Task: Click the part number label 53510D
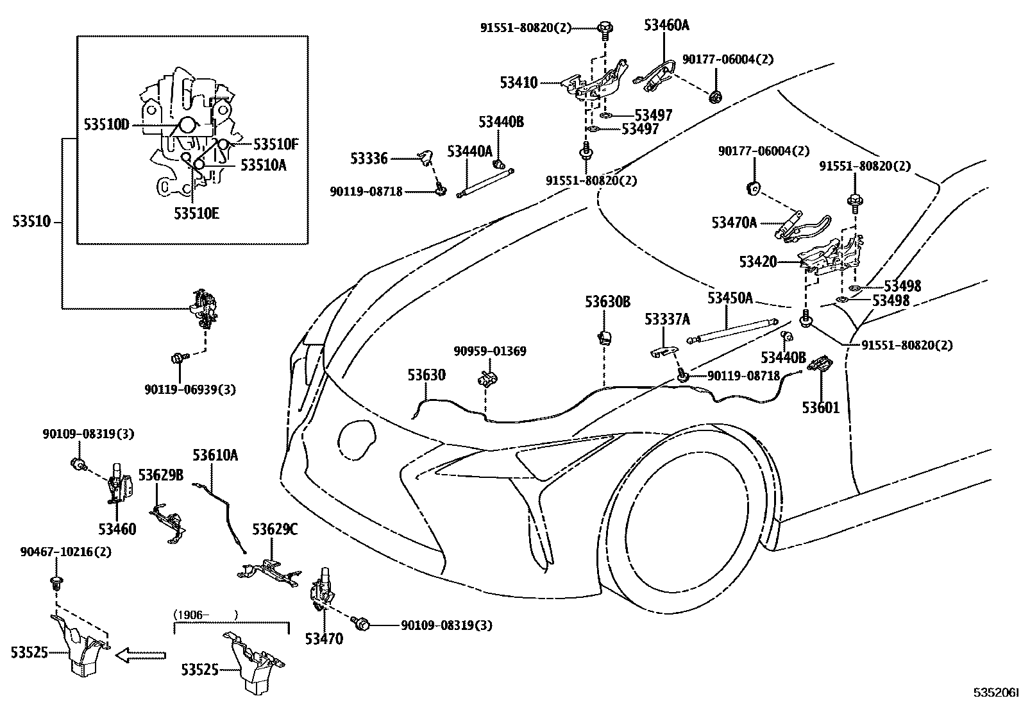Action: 106,124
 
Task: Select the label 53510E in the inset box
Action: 196,213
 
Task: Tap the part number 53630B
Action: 607,302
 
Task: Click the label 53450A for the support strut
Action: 730,298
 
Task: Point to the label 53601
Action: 820,407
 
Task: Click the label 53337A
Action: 667,319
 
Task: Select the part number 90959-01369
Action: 489,351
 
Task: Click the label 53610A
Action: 215,455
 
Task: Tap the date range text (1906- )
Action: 205,615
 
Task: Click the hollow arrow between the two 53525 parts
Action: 142,655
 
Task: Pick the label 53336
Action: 369,158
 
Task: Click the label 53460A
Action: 666,26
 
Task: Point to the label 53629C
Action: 274,529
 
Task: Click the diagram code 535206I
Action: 995,693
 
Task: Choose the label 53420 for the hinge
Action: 757,262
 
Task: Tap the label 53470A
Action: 734,223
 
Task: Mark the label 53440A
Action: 469,151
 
